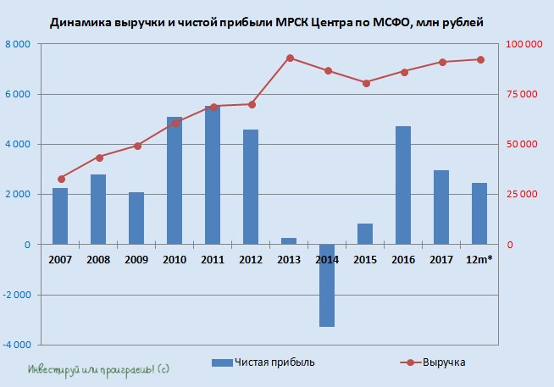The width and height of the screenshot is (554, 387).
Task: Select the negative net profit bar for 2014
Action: point(327,285)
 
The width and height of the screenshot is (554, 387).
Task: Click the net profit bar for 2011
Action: point(213,175)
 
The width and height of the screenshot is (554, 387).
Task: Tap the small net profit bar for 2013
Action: point(289,241)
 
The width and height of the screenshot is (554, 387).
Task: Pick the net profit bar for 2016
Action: point(403,185)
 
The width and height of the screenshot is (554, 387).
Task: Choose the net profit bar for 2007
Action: point(60,216)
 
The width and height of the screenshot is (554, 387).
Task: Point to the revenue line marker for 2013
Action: point(290,58)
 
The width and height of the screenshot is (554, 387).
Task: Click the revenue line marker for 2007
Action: point(61,179)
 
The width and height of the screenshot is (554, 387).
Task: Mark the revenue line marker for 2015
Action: point(366,83)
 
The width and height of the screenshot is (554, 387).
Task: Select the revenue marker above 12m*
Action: point(480,59)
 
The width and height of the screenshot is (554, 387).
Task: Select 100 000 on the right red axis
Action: point(524,44)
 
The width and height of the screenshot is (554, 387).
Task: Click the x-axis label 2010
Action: point(175,259)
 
